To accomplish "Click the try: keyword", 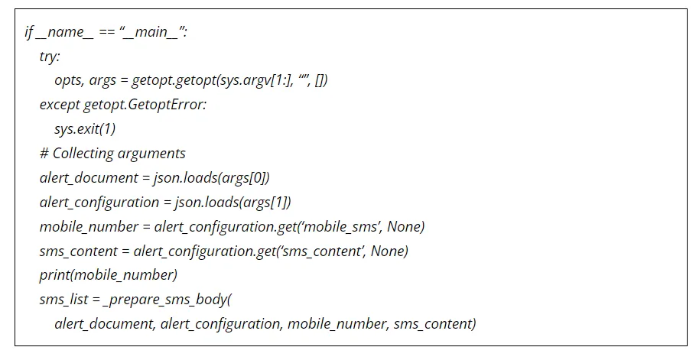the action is click(49, 57).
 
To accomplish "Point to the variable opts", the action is click(69, 80).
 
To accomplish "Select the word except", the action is click(59, 105).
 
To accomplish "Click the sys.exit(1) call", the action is click(85, 128).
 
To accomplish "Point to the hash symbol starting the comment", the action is click(44, 153).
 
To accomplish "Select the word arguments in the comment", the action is click(152, 153).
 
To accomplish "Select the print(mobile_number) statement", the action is click(108, 275).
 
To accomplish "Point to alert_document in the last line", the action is click(102, 324).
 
